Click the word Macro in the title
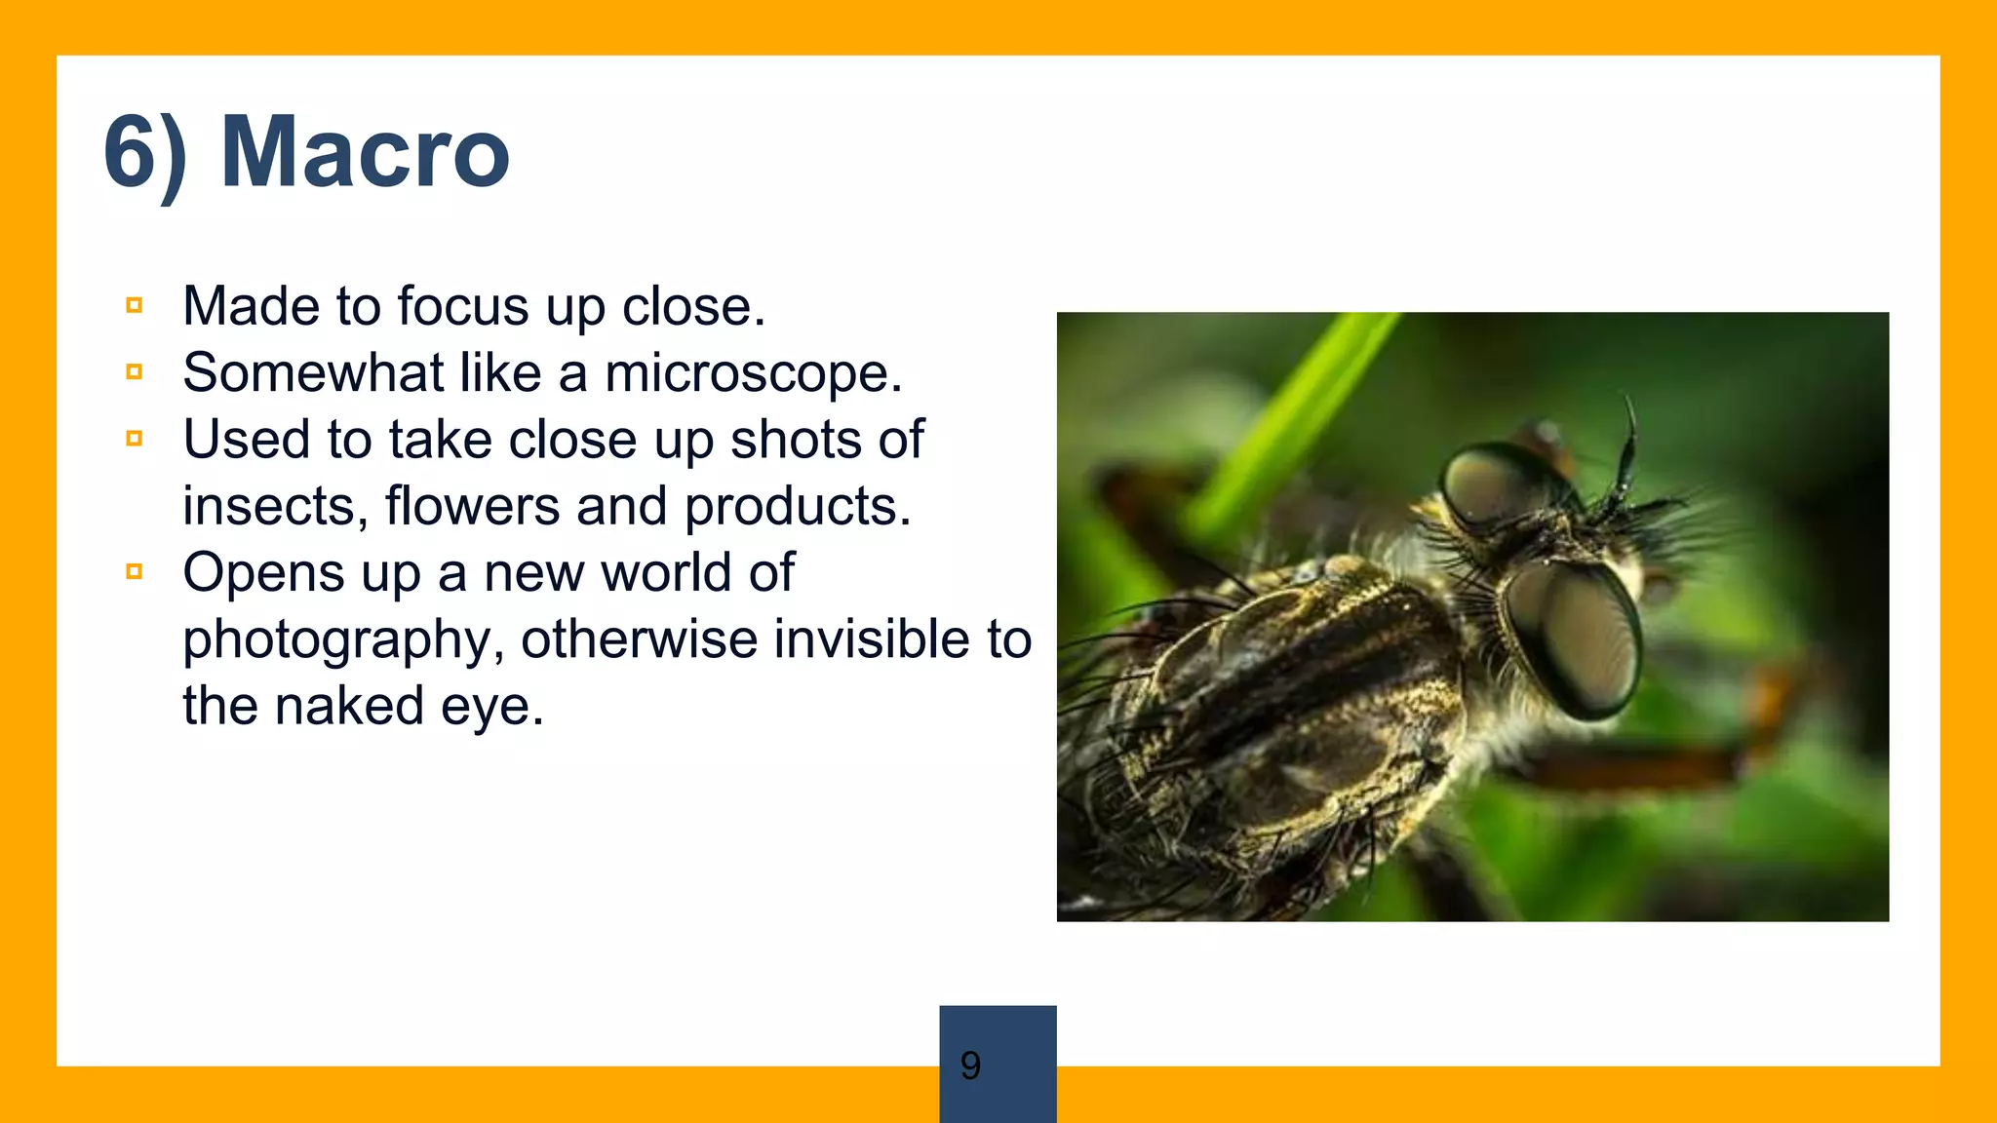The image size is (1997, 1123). click(365, 152)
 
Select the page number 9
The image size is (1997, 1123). click(970, 1065)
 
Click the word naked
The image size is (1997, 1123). click(349, 706)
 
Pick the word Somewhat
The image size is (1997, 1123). click(312, 373)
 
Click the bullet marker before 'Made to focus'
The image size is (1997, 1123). click(135, 306)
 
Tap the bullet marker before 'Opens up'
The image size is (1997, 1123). click(135, 572)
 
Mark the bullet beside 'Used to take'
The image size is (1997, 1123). click(135, 439)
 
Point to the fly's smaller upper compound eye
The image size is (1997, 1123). click(1490, 484)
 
